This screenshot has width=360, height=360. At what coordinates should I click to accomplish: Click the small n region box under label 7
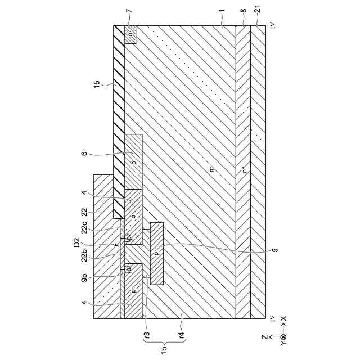tap(130, 34)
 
